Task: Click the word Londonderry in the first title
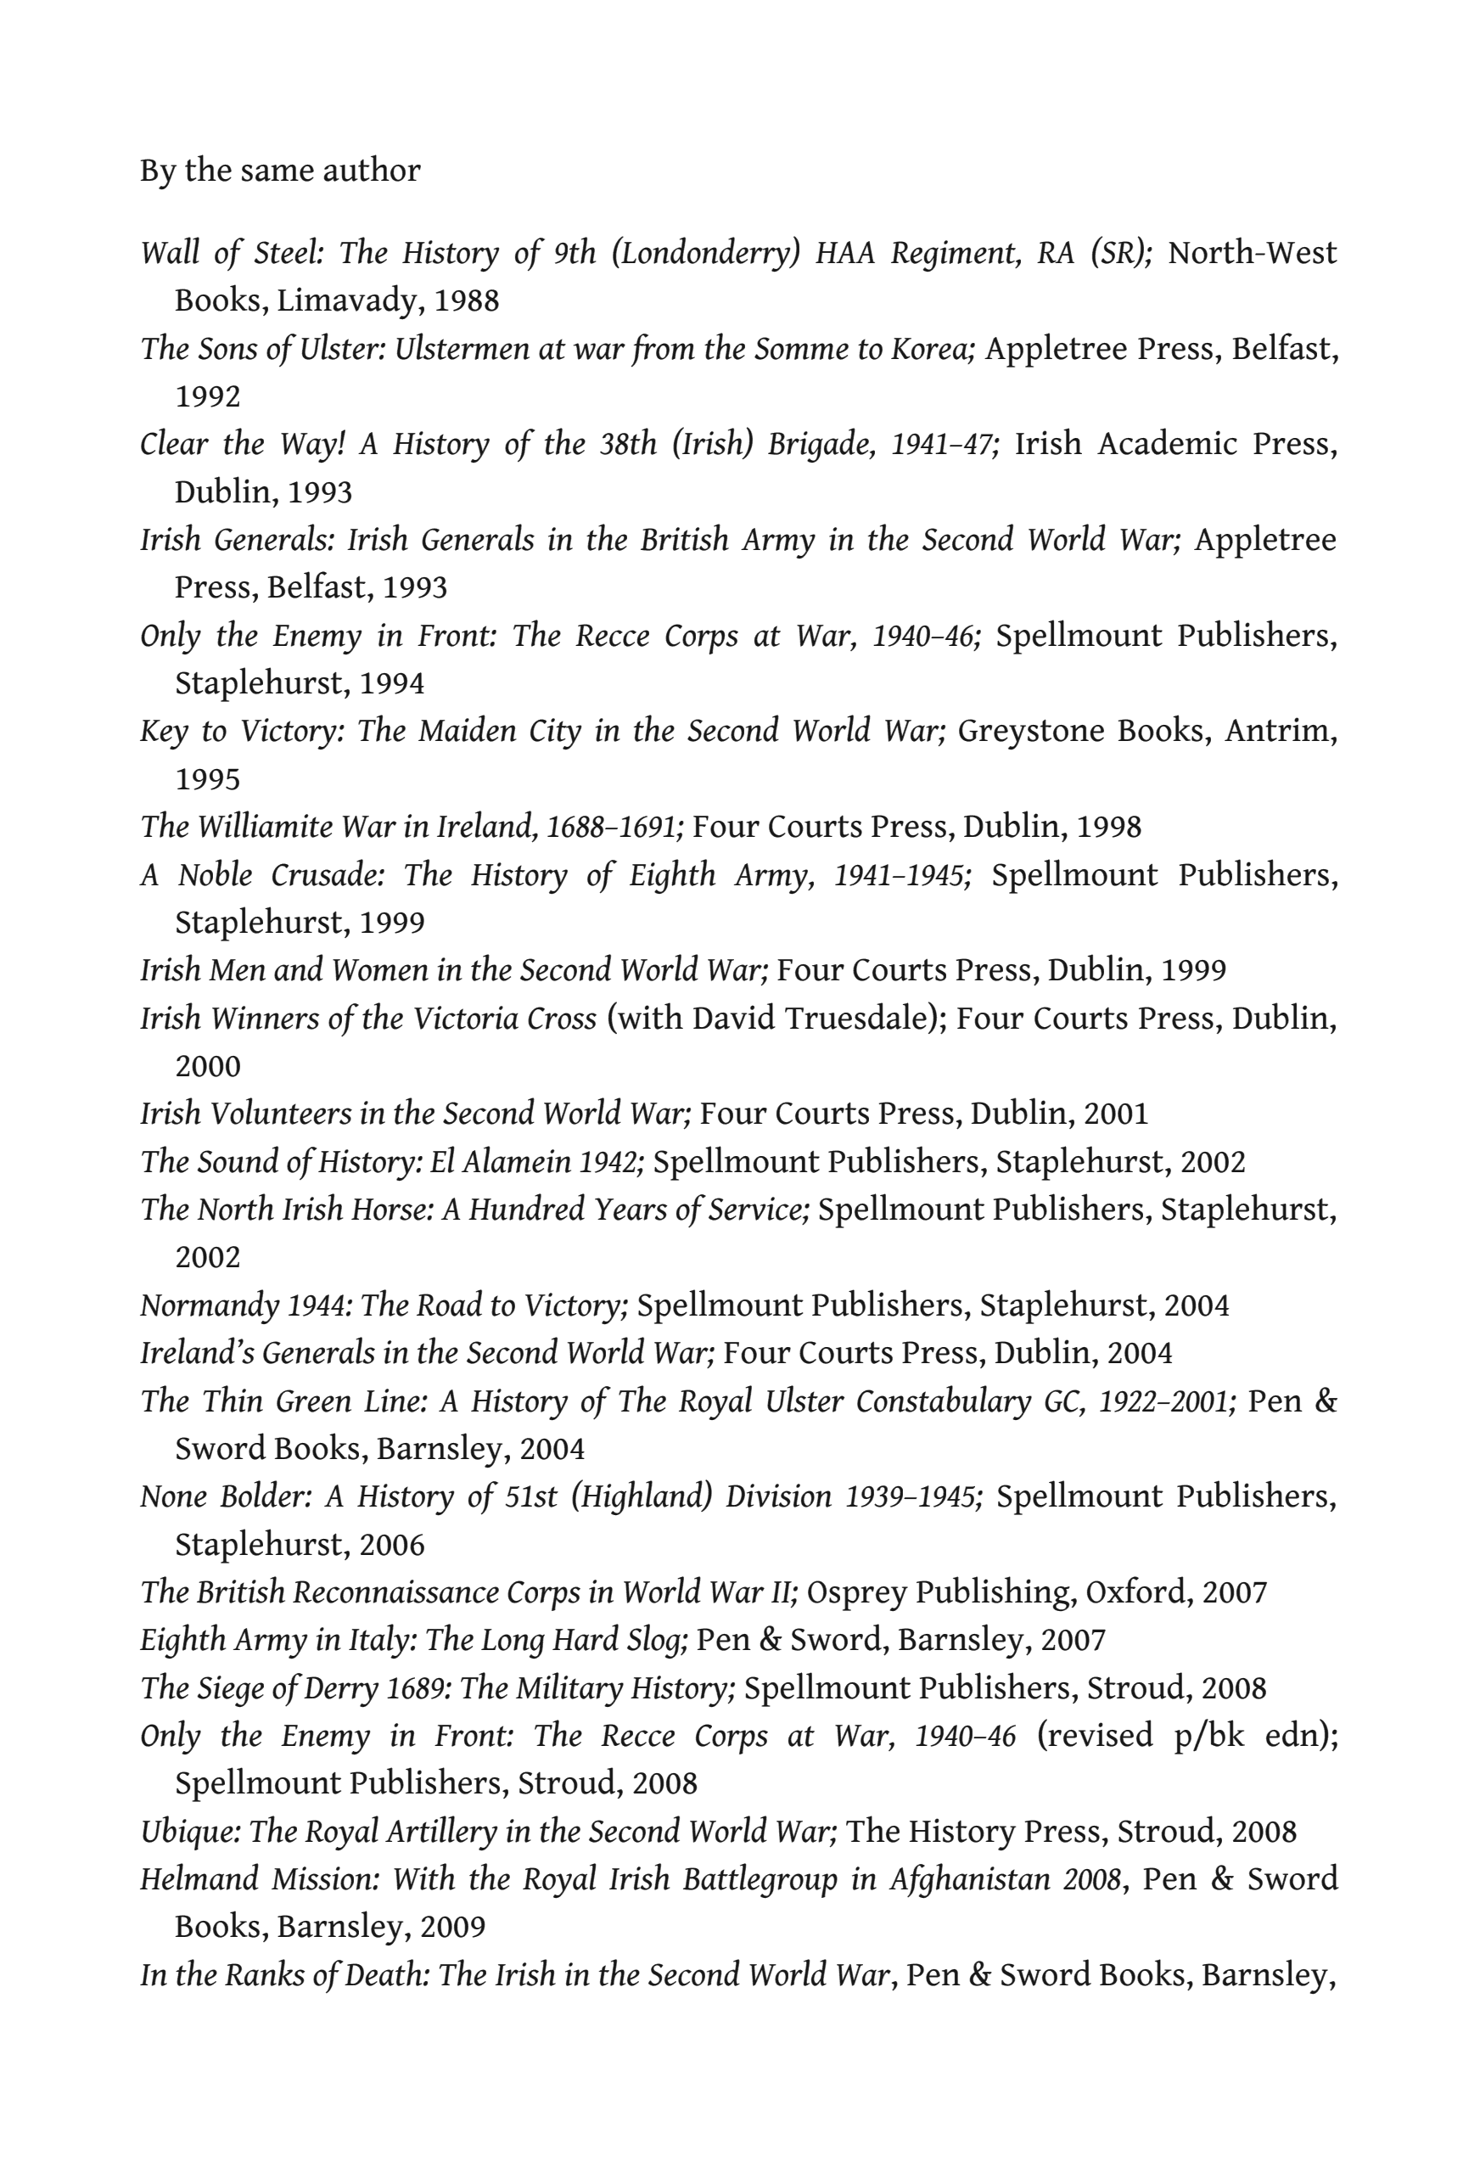pos(705,253)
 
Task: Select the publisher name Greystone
pos(1017,731)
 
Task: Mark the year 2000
pos(208,1067)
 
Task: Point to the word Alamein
pos(513,1162)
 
